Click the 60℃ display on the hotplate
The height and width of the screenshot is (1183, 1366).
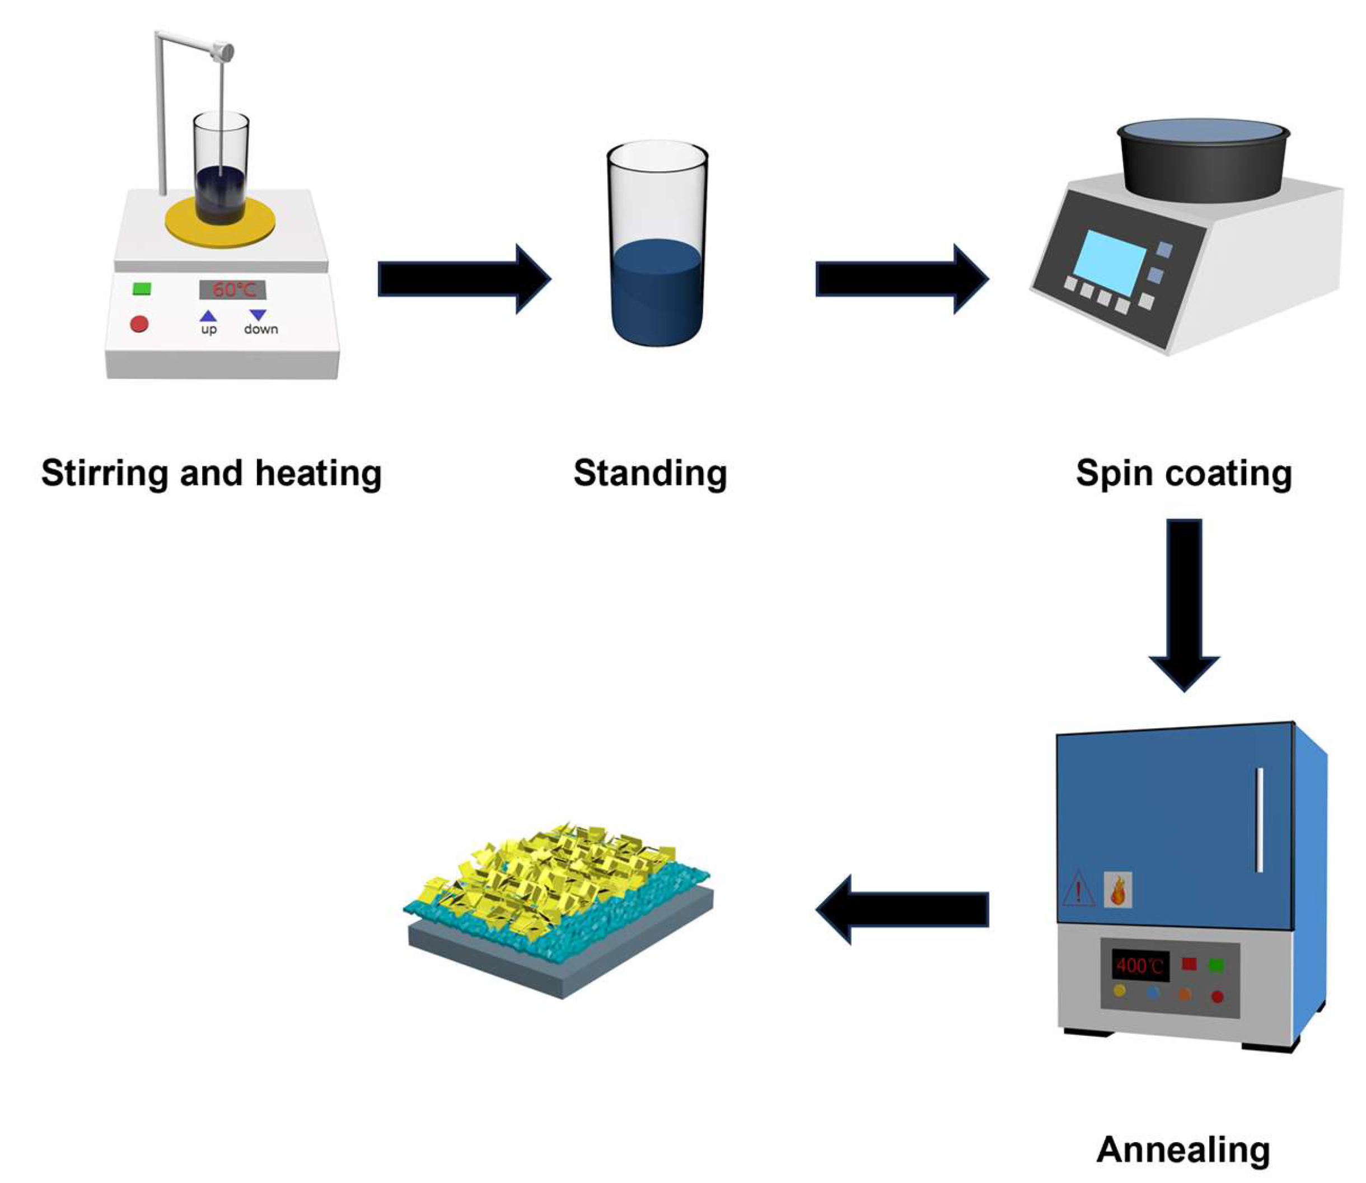[233, 289]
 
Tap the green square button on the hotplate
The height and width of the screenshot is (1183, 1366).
[142, 288]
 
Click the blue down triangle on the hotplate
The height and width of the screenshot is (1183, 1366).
[258, 315]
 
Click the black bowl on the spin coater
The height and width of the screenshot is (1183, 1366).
[1203, 162]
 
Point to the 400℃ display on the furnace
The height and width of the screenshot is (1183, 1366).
[1140, 966]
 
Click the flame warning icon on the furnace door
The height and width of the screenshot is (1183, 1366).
[1118, 889]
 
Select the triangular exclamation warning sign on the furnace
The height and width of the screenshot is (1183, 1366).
[1079, 889]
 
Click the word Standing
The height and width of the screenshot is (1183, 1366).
[651, 473]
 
